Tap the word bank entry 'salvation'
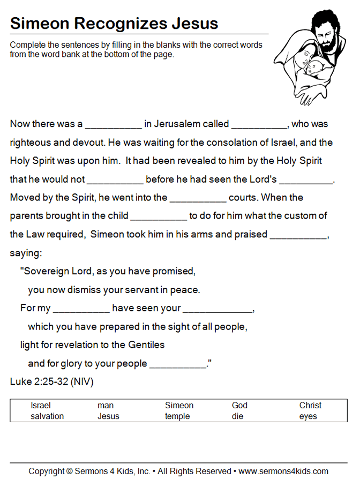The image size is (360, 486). coord(47,416)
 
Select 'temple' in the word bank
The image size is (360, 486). coord(177,416)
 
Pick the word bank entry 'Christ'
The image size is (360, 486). coord(310,406)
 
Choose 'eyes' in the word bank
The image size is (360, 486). coord(308,416)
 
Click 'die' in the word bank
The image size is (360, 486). coord(238,416)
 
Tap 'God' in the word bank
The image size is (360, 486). coord(239,406)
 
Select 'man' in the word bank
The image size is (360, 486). coord(106,406)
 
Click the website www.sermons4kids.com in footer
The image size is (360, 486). coord(283,472)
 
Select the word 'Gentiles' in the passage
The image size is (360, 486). coord(145,345)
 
